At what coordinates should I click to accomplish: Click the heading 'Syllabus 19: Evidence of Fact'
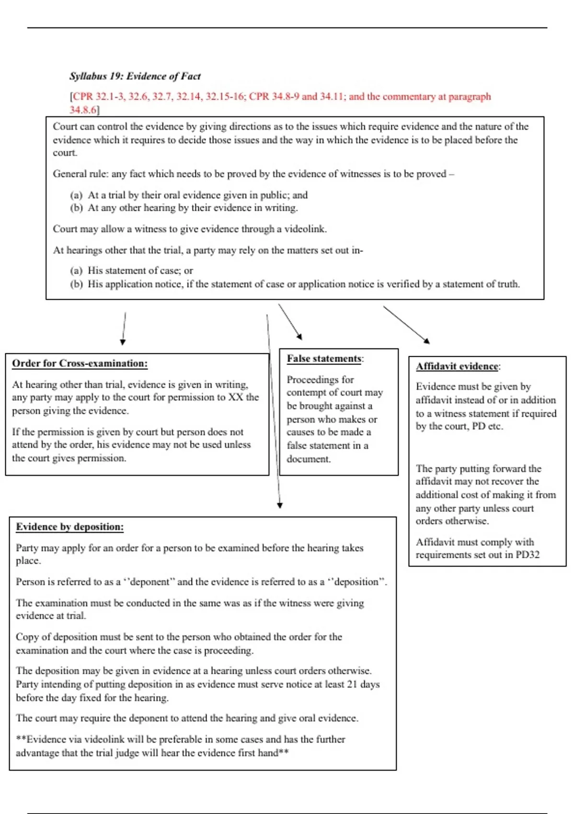pos(135,76)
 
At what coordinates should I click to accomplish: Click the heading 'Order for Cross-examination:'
pos(80,363)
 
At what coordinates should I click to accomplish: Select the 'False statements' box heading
pos(324,359)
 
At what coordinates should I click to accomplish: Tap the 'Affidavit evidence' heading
pos(457,366)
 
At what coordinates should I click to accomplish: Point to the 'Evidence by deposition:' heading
pos(69,527)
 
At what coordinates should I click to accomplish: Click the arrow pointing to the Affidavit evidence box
pos(406,325)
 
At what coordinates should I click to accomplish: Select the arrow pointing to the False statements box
pos(290,321)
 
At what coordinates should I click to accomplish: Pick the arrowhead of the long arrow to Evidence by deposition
pos(280,505)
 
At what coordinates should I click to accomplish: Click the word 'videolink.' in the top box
pos(305,229)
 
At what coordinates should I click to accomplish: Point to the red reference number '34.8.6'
pos(83,110)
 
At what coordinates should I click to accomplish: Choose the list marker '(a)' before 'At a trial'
pos(76,195)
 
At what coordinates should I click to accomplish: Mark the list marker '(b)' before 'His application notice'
pos(76,284)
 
